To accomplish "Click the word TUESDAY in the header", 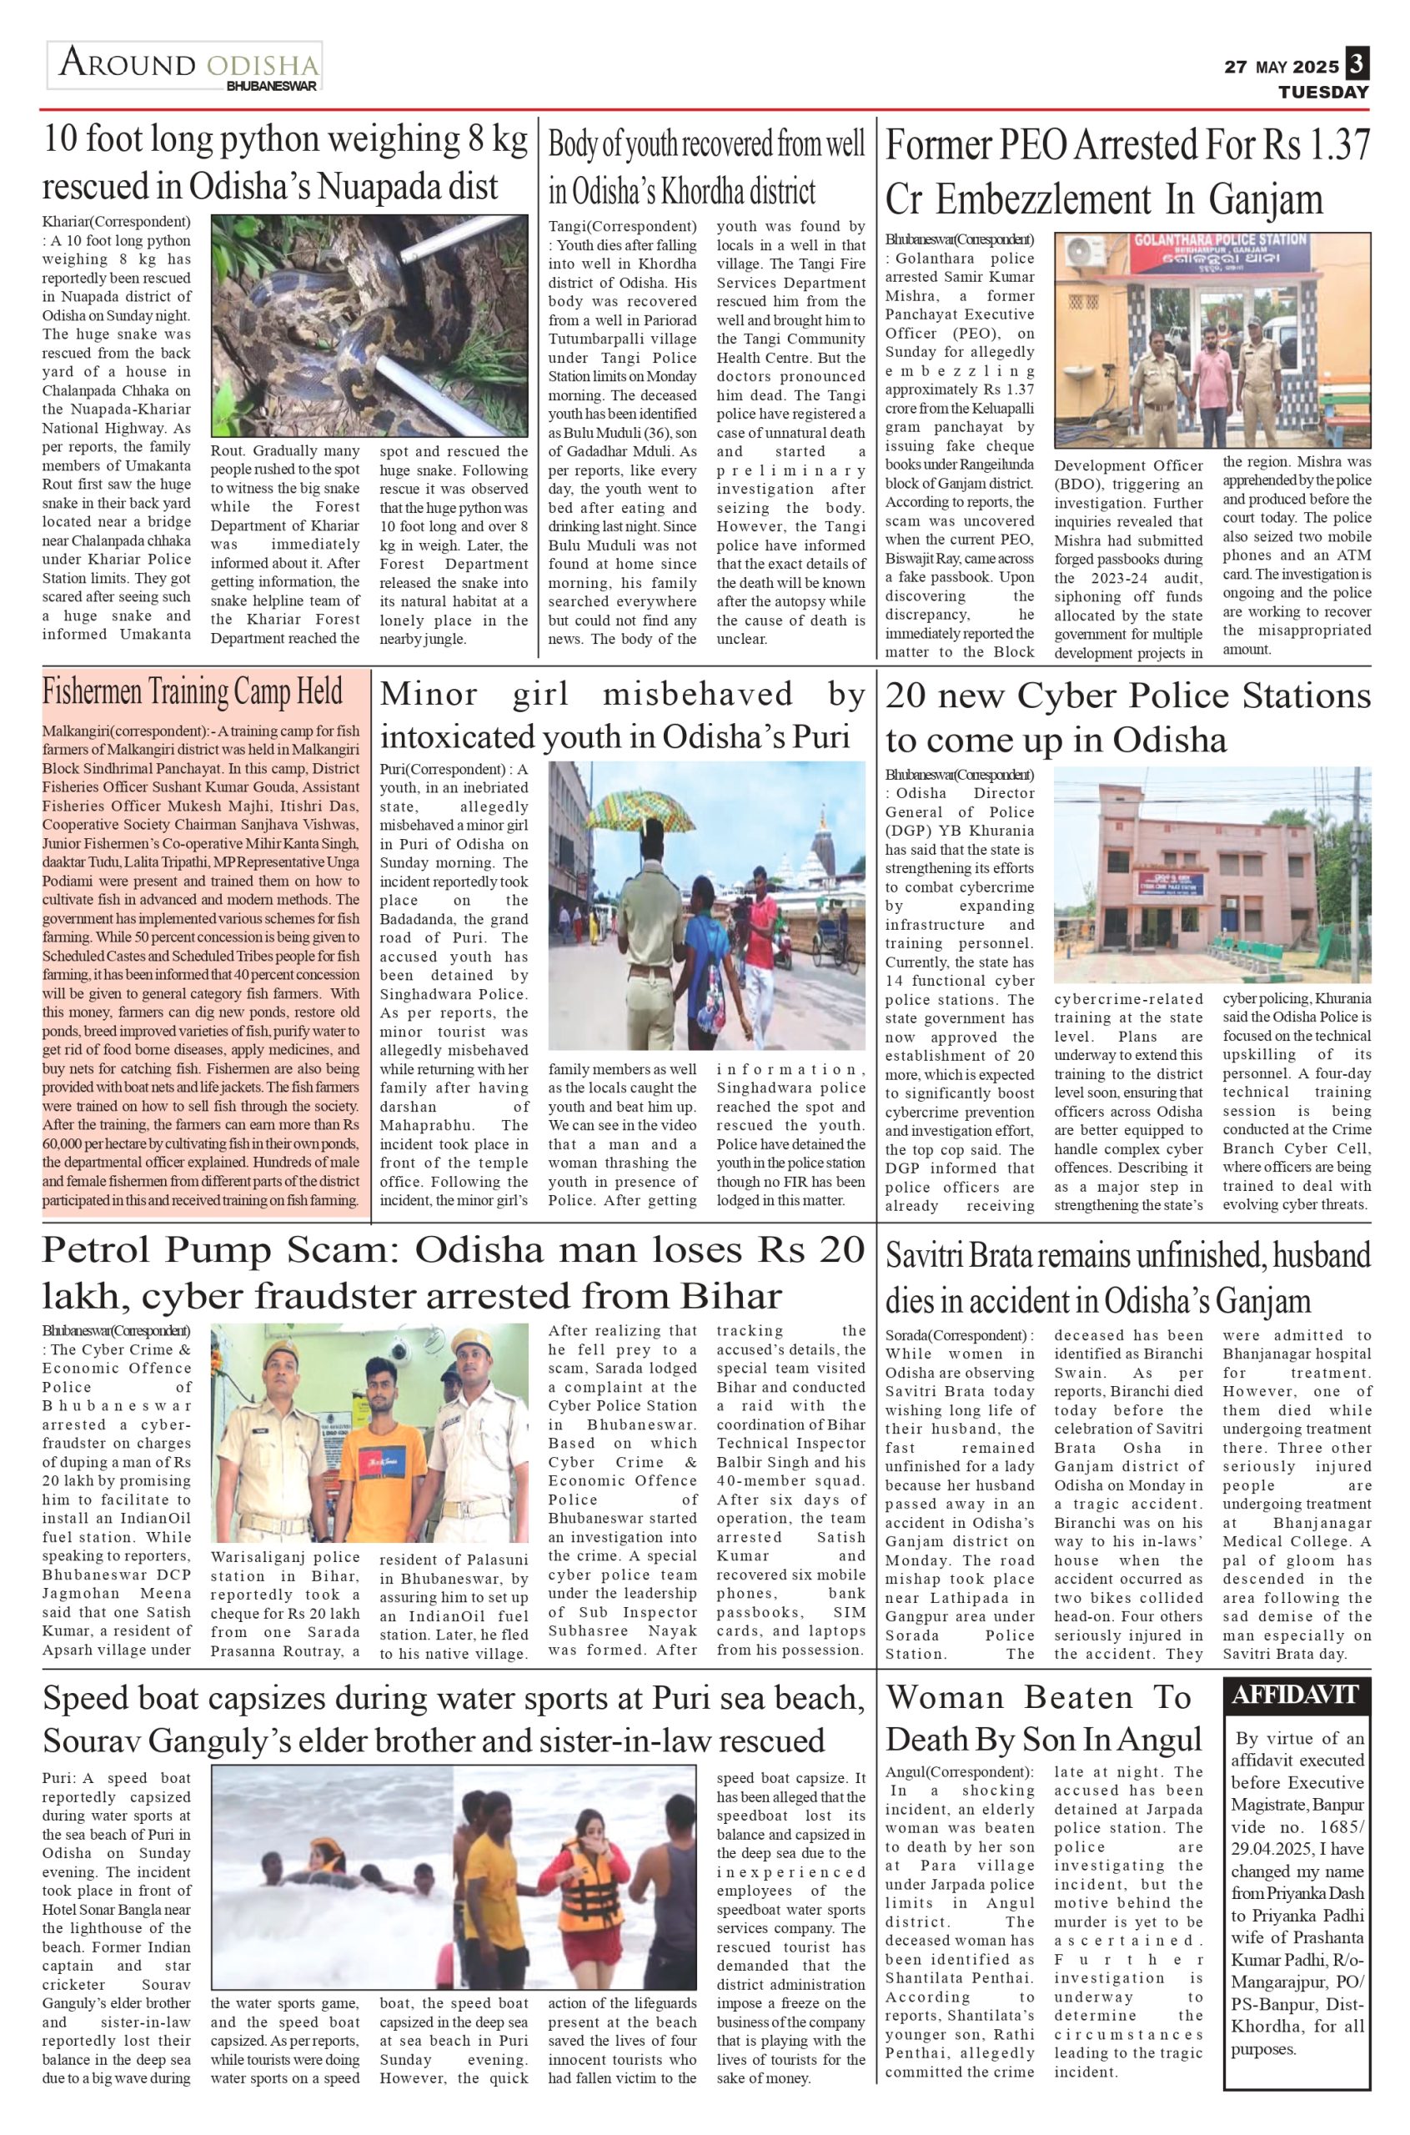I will [1323, 92].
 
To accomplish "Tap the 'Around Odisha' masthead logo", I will [185, 67].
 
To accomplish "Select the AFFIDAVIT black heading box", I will [1297, 1696].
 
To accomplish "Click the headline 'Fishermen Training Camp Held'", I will [193, 692].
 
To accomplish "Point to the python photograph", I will [369, 325].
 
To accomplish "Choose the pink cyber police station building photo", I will [1212, 874].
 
